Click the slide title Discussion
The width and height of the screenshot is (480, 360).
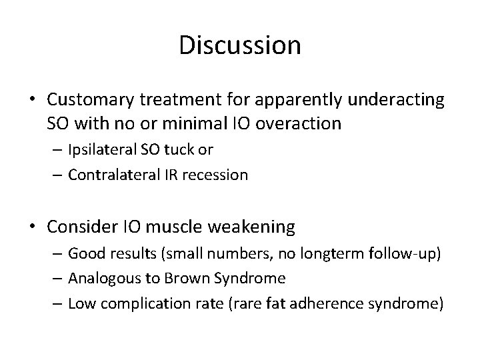(x=240, y=45)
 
